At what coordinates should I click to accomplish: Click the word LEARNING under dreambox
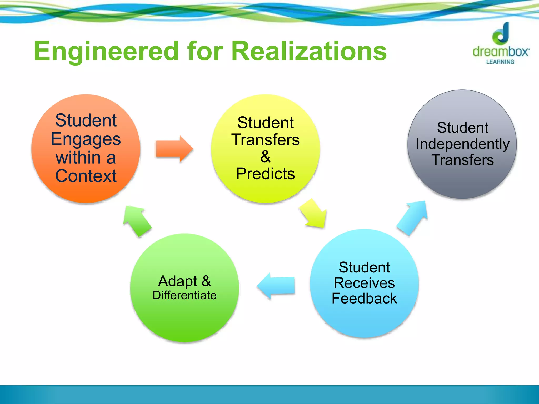click(500, 62)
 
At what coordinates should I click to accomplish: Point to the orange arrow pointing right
click(174, 149)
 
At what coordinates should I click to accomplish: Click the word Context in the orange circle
click(86, 176)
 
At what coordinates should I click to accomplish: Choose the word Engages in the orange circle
click(86, 139)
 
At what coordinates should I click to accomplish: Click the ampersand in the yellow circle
click(265, 157)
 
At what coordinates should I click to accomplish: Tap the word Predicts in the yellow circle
click(265, 174)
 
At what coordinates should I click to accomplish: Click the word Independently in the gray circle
click(463, 144)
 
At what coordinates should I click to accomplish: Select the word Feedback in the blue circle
click(364, 299)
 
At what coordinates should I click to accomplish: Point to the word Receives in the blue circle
click(364, 283)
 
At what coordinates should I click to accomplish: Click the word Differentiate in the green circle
click(184, 295)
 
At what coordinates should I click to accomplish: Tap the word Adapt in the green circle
click(178, 281)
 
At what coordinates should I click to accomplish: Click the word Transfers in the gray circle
click(463, 160)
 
